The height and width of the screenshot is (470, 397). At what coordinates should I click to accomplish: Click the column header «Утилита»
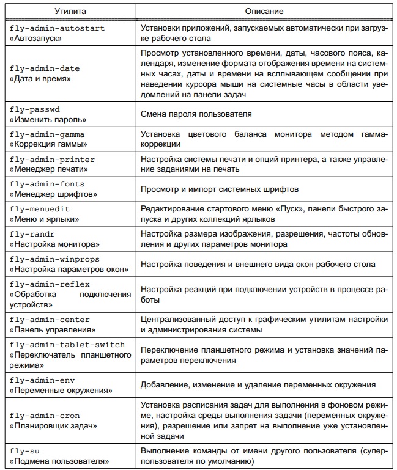click(70, 11)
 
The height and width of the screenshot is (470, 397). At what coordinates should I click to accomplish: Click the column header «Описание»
click(264, 11)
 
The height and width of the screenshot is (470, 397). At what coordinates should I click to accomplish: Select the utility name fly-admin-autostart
click(58, 28)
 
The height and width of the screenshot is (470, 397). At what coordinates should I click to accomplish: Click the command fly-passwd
click(35, 109)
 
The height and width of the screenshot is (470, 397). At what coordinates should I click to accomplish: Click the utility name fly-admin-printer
click(53, 160)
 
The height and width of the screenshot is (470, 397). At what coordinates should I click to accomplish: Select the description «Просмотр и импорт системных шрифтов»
click(219, 189)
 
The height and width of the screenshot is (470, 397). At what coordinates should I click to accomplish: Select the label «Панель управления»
click(50, 330)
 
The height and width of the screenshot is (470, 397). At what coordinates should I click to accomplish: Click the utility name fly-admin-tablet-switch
click(67, 345)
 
